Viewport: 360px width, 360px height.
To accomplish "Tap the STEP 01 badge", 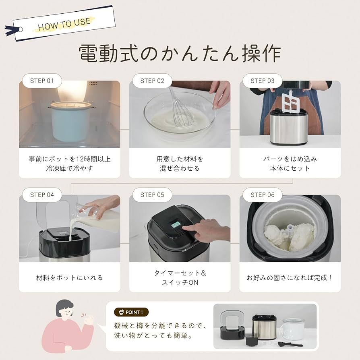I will pyautogui.click(x=41, y=81).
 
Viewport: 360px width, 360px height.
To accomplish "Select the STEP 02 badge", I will pyautogui.click(x=152, y=81).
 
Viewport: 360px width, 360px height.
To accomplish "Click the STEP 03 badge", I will pyautogui.click(x=262, y=81).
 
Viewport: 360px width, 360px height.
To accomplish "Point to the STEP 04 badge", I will pyautogui.click(x=41, y=194).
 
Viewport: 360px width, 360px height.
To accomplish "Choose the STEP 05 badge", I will pyautogui.click(x=152, y=194).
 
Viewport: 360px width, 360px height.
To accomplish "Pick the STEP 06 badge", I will pyautogui.click(x=262, y=194).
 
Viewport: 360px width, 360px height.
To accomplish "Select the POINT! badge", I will pyautogui.click(x=131, y=312).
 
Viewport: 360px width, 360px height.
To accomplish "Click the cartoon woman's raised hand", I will pyautogui.click(x=88, y=320).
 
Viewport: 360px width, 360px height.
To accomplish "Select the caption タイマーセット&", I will pyautogui.click(x=180, y=273).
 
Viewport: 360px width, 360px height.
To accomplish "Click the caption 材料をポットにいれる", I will pyautogui.click(x=69, y=277).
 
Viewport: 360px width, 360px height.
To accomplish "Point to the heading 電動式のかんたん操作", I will pyautogui.click(x=180, y=53).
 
